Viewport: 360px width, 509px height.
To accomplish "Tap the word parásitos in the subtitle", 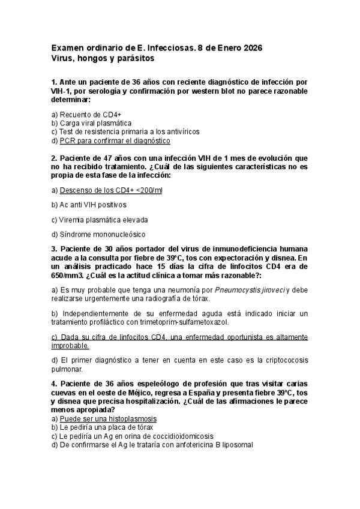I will click(x=136, y=59).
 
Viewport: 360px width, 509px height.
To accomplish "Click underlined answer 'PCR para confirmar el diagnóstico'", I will click(x=115, y=140).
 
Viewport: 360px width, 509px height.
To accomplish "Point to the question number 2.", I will click(x=53, y=158).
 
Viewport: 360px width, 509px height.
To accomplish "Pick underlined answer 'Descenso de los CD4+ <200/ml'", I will click(x=111, y=190).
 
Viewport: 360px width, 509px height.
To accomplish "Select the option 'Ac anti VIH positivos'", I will click(x=93, y=205).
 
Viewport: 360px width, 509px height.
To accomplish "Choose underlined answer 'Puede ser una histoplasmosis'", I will click(x=108, y=418).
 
